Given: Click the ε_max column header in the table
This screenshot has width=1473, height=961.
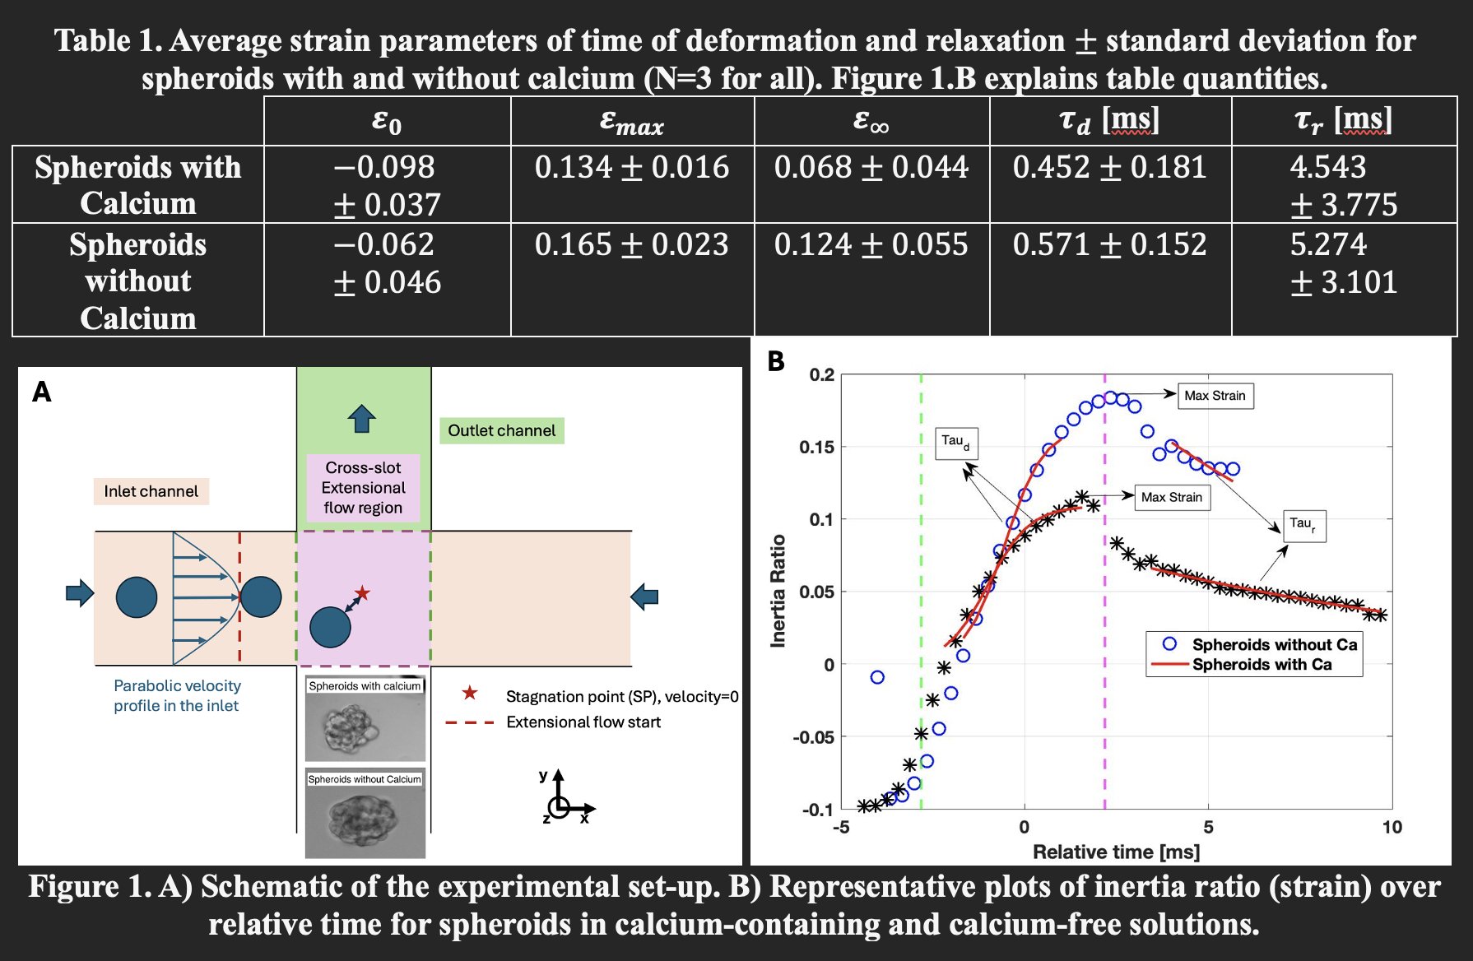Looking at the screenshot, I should (x=631, y=122).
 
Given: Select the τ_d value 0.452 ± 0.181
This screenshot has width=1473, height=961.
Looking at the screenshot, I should (x=1109, y=167).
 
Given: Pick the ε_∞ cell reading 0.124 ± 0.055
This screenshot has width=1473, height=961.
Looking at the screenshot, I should (x=871, y=244).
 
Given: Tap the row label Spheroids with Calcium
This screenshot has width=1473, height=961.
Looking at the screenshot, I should (x=137, y=184).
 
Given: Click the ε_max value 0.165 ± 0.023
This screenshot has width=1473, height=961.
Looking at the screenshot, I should (x=631, y=244).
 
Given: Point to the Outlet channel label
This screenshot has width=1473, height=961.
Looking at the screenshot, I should (x=501, y=430).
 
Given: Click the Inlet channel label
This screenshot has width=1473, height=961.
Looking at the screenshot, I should (x=151, y=491).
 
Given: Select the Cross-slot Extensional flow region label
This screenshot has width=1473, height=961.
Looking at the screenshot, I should (x=363, y=487).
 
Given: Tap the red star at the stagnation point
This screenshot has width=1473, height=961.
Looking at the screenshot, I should (x=362, y=592).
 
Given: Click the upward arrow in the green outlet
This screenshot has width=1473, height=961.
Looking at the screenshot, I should (x=362, y=418).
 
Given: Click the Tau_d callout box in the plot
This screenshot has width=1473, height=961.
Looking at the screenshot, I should (x=955, y=443).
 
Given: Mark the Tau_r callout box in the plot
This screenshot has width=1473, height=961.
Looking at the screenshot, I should (x=1303, y=524).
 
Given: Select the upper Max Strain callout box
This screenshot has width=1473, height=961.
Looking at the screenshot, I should (x=1215, y=396).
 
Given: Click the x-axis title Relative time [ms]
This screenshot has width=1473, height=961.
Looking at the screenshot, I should (x=1116, y=852).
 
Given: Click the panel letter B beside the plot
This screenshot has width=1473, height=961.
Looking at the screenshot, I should (x=775, y=361).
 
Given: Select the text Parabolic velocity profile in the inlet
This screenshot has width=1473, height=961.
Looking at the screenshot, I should (x=177, y=695).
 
